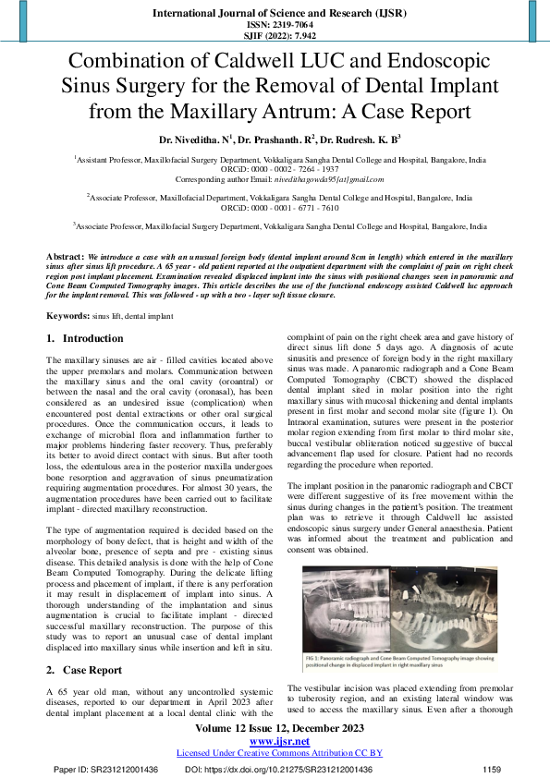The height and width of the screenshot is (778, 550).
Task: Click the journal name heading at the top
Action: pos(275,15)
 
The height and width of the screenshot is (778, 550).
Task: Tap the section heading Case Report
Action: pos(92,669)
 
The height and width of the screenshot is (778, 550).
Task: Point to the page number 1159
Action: pos(492,769)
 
